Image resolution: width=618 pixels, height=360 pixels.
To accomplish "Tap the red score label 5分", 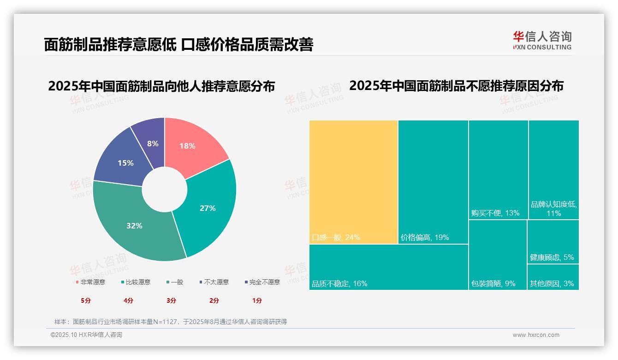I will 86,300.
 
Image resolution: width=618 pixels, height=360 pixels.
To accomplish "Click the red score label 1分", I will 257,300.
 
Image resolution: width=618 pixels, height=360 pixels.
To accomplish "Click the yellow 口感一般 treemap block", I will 353,182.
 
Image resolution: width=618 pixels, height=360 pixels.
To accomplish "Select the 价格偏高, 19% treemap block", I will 433,182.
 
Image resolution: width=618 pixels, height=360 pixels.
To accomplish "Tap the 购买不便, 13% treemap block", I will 498,169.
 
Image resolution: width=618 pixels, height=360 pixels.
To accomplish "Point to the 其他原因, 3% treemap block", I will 553,277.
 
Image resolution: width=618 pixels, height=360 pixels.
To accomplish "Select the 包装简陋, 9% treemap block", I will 498,255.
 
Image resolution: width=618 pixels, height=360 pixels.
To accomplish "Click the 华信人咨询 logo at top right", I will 542,41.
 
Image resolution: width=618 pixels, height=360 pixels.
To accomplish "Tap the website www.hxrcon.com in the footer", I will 536,335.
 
